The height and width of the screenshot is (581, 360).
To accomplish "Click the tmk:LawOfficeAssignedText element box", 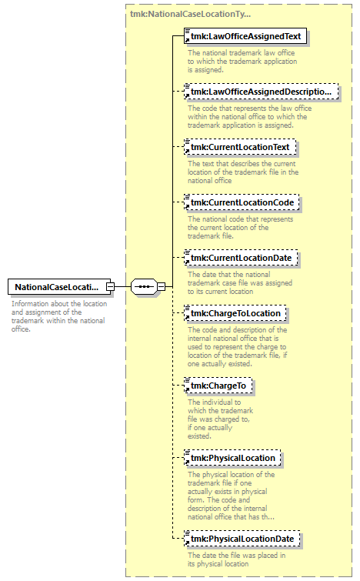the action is (245, 36).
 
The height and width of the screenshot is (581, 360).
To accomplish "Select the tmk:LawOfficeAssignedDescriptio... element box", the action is (261, 92).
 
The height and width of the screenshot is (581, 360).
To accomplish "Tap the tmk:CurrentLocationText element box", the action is (240, 147).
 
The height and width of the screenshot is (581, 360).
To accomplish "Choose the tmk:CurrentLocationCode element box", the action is (242, 202).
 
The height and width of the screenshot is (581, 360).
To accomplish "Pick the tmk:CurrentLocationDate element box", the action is (241, 258).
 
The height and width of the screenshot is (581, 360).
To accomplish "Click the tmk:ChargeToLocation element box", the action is (235, 313).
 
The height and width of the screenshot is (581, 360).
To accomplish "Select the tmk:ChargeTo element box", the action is (218, 386).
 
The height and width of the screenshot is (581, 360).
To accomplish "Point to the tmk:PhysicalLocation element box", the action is (232, 458).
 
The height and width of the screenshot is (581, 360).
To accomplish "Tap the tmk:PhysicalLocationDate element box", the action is (242, 539).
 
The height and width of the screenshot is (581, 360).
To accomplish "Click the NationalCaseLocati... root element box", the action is (59, 287).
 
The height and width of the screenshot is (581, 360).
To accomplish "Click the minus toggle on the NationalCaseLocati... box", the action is (110, 287).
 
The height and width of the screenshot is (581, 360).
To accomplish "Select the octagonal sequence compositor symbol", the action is (144, 287).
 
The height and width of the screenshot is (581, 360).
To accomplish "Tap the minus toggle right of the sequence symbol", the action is (161, 287).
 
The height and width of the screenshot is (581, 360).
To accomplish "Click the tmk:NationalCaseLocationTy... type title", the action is (190, 14).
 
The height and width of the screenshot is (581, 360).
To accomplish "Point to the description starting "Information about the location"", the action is (59, 316).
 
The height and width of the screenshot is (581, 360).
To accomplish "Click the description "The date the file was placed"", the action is (236, 559).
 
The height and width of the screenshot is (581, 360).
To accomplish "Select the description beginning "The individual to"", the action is (220, 419).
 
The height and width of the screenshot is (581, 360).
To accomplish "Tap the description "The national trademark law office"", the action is (242, 61).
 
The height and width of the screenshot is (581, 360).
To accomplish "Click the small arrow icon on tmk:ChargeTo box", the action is (187, 390).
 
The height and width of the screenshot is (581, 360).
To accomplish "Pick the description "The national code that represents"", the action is (240, 228).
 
